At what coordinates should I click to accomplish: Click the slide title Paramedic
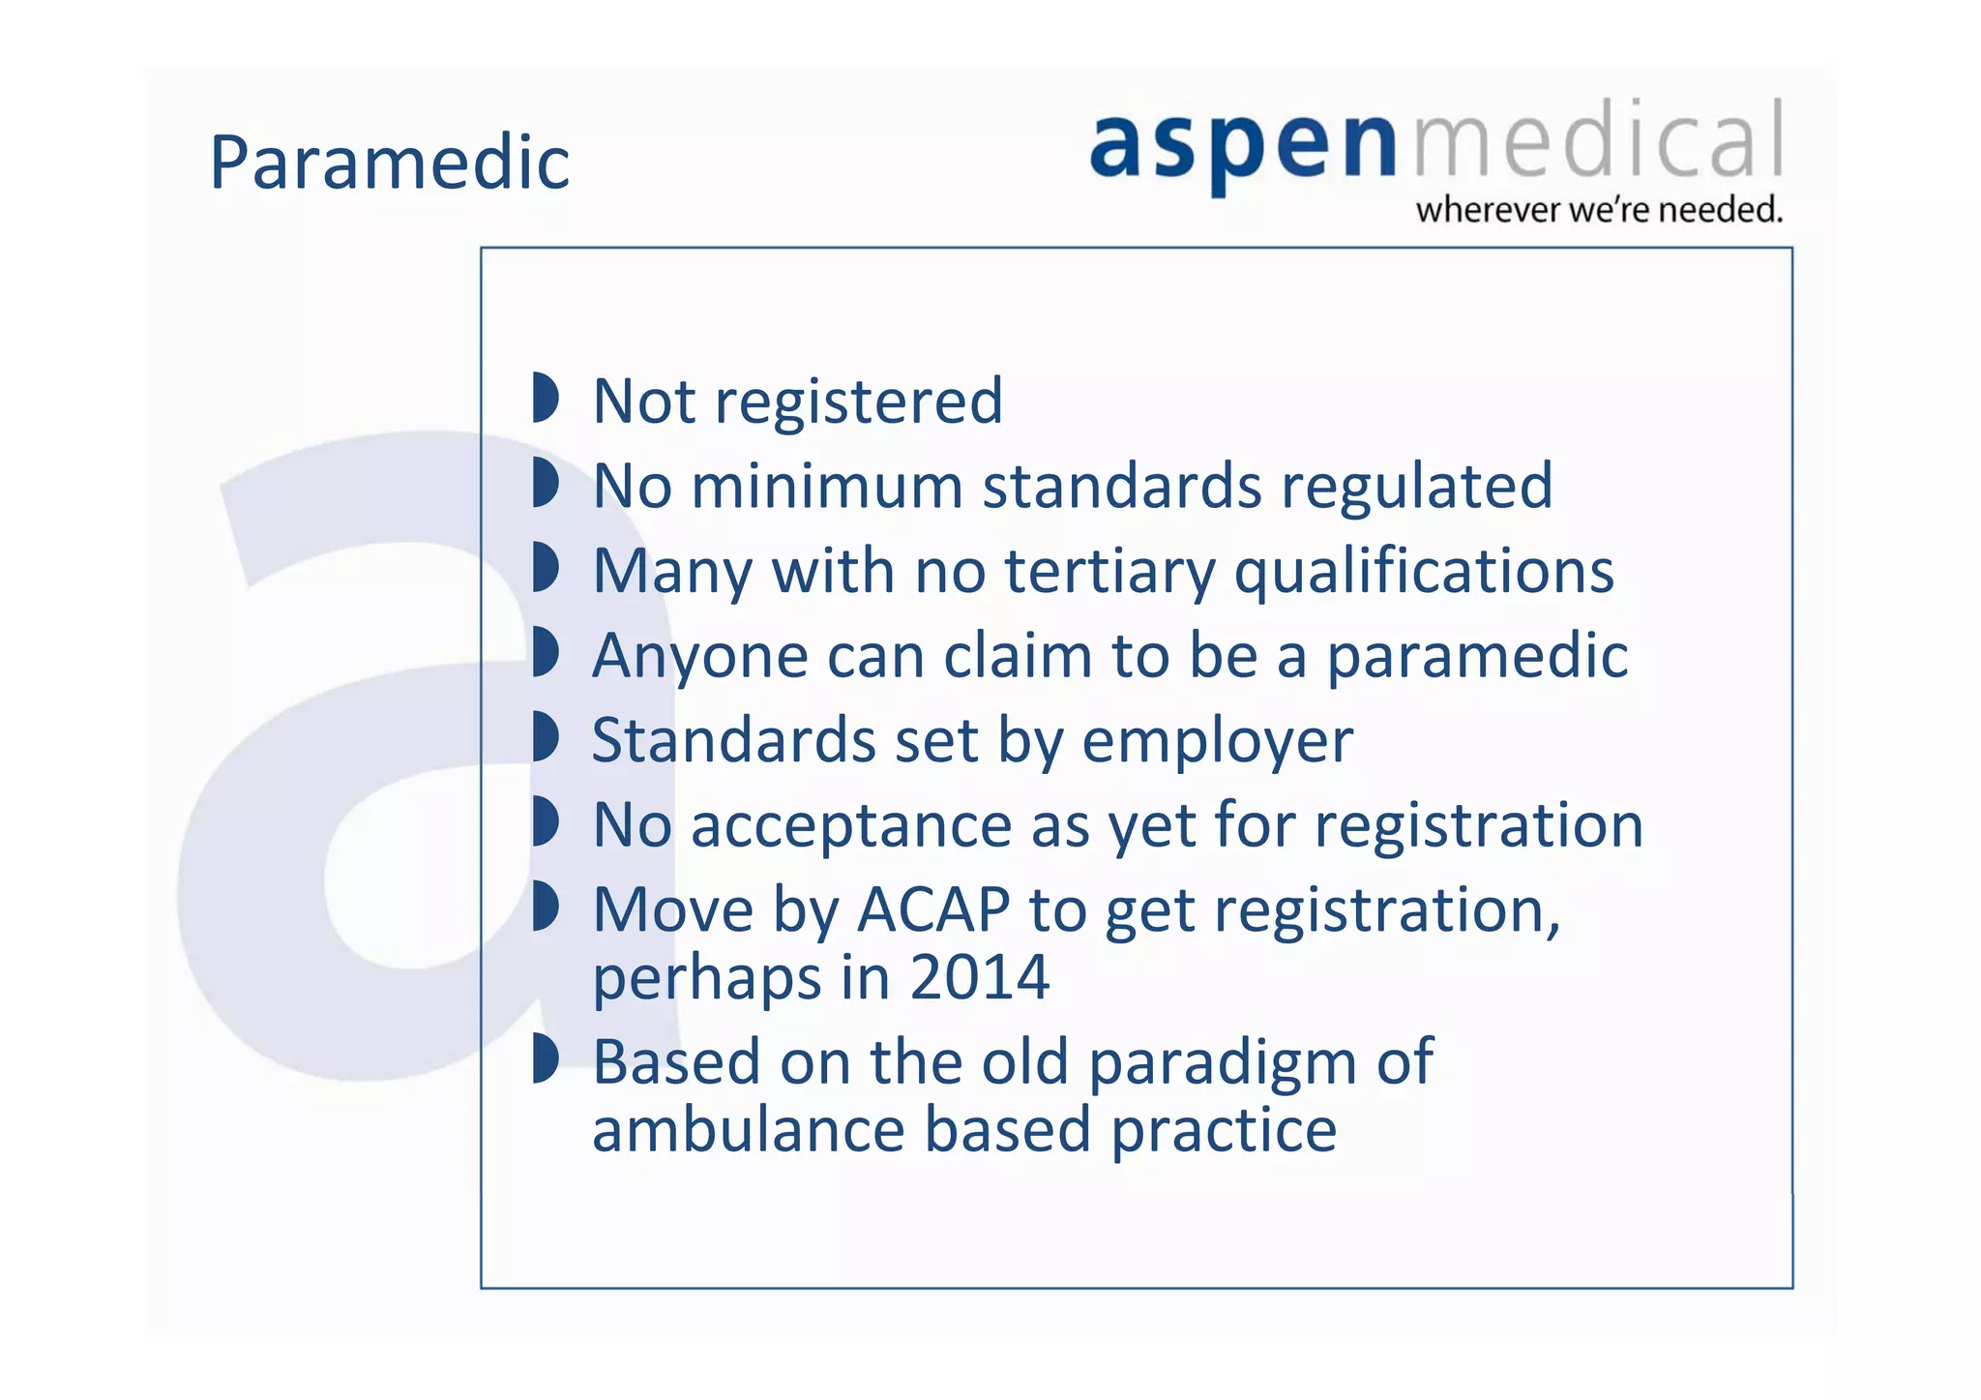[389, 163]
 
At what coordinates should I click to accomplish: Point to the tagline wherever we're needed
[1598, 210]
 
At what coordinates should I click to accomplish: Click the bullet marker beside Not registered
[546, 398]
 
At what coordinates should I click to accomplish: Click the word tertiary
[1109, 571]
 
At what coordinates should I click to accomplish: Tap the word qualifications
[1424, 571]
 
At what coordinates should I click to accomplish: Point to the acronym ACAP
[933, 910]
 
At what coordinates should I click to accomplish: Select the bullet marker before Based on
[546, 1058]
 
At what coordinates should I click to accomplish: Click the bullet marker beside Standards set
[546, 737]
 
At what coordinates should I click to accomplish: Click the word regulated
[1417, 486]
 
